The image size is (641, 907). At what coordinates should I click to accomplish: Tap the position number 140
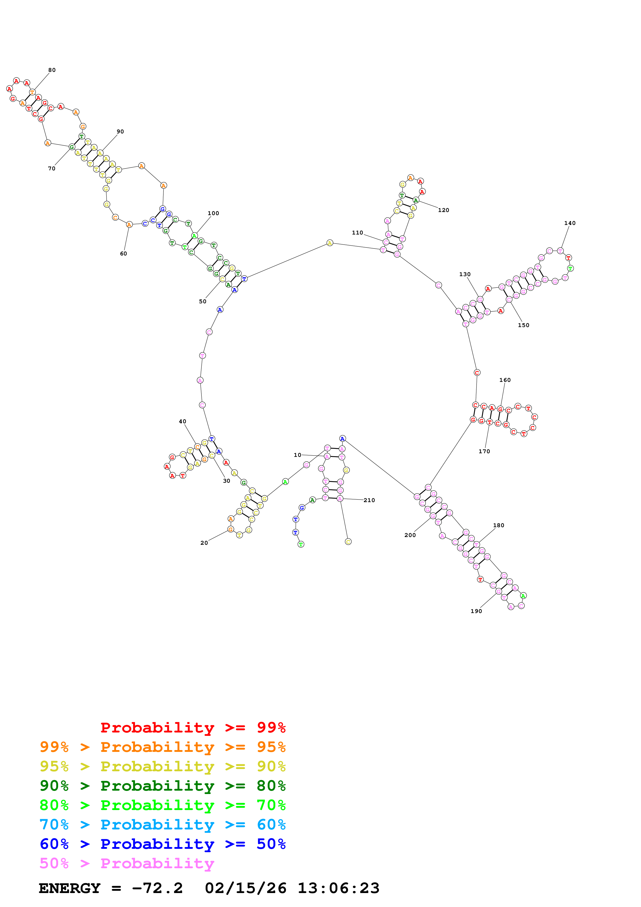tap(570, 223)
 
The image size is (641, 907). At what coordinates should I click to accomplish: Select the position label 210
tap(369, 500)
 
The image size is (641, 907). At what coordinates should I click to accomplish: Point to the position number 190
tap(476, 611)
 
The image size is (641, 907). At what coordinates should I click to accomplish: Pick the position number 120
tap(443, 210)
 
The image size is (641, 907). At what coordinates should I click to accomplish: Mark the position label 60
tap(123, 254)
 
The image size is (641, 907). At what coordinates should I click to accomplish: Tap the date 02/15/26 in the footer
tap(245, 888)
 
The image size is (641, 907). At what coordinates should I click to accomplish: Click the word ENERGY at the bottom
tap(70, 888)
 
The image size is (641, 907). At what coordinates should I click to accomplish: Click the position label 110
tap(357, 233)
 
